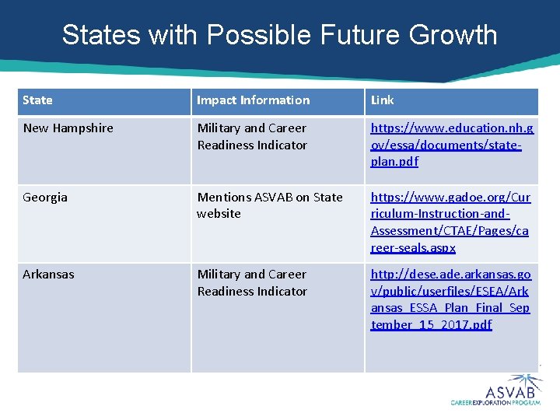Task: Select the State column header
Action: (x=37, y=100)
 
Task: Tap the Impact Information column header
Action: (x=253, y=100)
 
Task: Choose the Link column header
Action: (x=382, y=100)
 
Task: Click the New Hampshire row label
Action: (x=68, y=128)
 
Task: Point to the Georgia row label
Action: (x=45, y=198)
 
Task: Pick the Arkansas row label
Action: (x=48, y=275)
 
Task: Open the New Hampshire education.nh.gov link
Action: (x=451, y=145)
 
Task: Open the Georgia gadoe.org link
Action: (x=450, y=222)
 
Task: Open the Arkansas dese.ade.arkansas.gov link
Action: (x=450, y=299)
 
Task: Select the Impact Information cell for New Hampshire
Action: (x=252, y=137)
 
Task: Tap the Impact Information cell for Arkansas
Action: (x=252, y=283)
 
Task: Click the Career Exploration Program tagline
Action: (x=495, y=403)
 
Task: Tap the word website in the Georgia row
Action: (x=219, y=214)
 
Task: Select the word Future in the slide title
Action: (x=358, y=35)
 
